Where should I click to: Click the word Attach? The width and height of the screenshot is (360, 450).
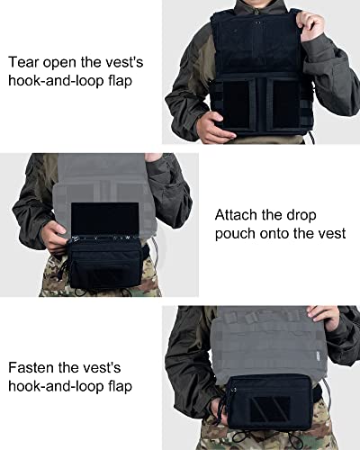click(x=238, y=216)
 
